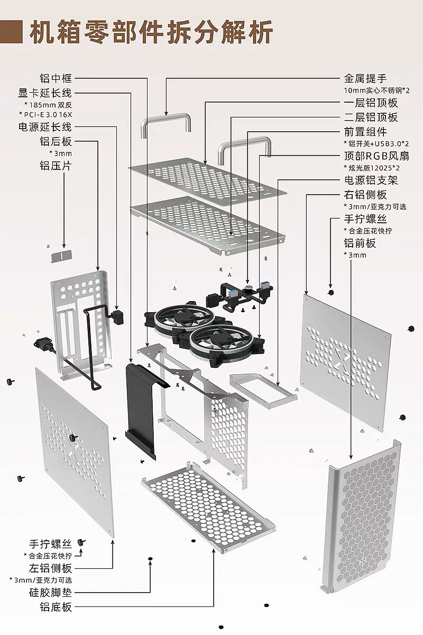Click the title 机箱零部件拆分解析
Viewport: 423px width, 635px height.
[151, 33]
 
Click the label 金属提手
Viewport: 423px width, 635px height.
[365, 79]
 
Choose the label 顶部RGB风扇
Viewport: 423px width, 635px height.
[370, 156]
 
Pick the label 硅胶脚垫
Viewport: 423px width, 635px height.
[50, 592]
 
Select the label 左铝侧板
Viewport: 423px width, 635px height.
[50, 568]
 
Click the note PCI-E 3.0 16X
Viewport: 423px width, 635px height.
[48, 114]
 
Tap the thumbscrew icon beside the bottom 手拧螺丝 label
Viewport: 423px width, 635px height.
[81, 542]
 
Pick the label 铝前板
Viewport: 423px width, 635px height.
[360, 243]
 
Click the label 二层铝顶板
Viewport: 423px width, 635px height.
[371, 117]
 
